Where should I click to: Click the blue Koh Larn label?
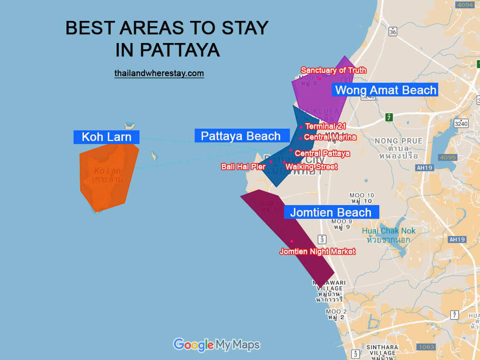[x=106, y=137]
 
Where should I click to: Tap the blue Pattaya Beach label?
[x=241, y=136]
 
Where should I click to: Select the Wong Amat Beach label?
[x=385, y=90]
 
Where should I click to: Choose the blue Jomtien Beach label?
[x=331, y=212]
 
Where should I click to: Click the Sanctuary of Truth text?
[x=333, y=70]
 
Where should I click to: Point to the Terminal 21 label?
[x=325, y=126]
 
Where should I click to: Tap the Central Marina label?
[x=330, y=137]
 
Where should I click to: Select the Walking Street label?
[x=311, y=167]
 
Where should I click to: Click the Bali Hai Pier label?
[x=243, y=167]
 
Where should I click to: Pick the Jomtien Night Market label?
[x=317, y=251]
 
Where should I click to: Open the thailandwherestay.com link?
[x=159, y=74]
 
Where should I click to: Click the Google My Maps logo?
[x=216, y=345]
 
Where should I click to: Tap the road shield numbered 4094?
[x=465, y=5]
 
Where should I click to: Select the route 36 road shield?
[x=392, y=32]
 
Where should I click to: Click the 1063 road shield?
[x=426, y=347]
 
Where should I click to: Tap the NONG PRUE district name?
[x=399, y=141]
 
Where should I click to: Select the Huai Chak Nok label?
[x=389, y=231]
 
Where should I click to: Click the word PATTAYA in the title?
[x=180, y=50]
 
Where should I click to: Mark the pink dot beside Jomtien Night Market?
[x=292, y=241]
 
